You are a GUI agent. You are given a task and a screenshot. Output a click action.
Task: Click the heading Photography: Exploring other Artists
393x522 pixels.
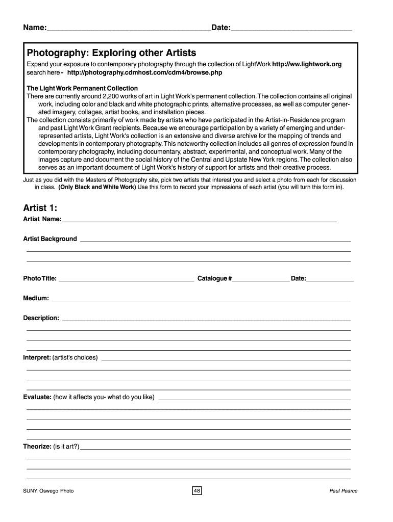[x=111, y=53]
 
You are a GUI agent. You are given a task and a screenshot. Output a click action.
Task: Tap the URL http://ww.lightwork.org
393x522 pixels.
[x=307, y=64]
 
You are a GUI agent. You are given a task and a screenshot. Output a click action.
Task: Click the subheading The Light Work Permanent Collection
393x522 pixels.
[x=82, y=88]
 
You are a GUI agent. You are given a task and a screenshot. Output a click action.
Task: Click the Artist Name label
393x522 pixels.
[x=42, y=219]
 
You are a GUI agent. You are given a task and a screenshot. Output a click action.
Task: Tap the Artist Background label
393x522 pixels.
[x=50, y=239]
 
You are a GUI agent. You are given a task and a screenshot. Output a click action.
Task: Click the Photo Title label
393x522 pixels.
[x=40, y=278]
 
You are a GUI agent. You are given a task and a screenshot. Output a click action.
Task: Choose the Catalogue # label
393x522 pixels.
[x=215, y=278]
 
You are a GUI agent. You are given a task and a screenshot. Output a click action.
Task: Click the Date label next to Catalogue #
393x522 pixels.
[x=299, y=278]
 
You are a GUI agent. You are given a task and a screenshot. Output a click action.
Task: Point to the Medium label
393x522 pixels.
[x=36, y=298]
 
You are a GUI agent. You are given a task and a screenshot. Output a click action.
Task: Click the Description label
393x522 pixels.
[x=41, y=318]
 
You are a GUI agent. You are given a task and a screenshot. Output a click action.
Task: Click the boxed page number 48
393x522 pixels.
[x=196, y=491]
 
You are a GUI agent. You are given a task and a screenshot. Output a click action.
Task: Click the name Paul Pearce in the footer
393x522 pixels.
[x=343, y=491]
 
